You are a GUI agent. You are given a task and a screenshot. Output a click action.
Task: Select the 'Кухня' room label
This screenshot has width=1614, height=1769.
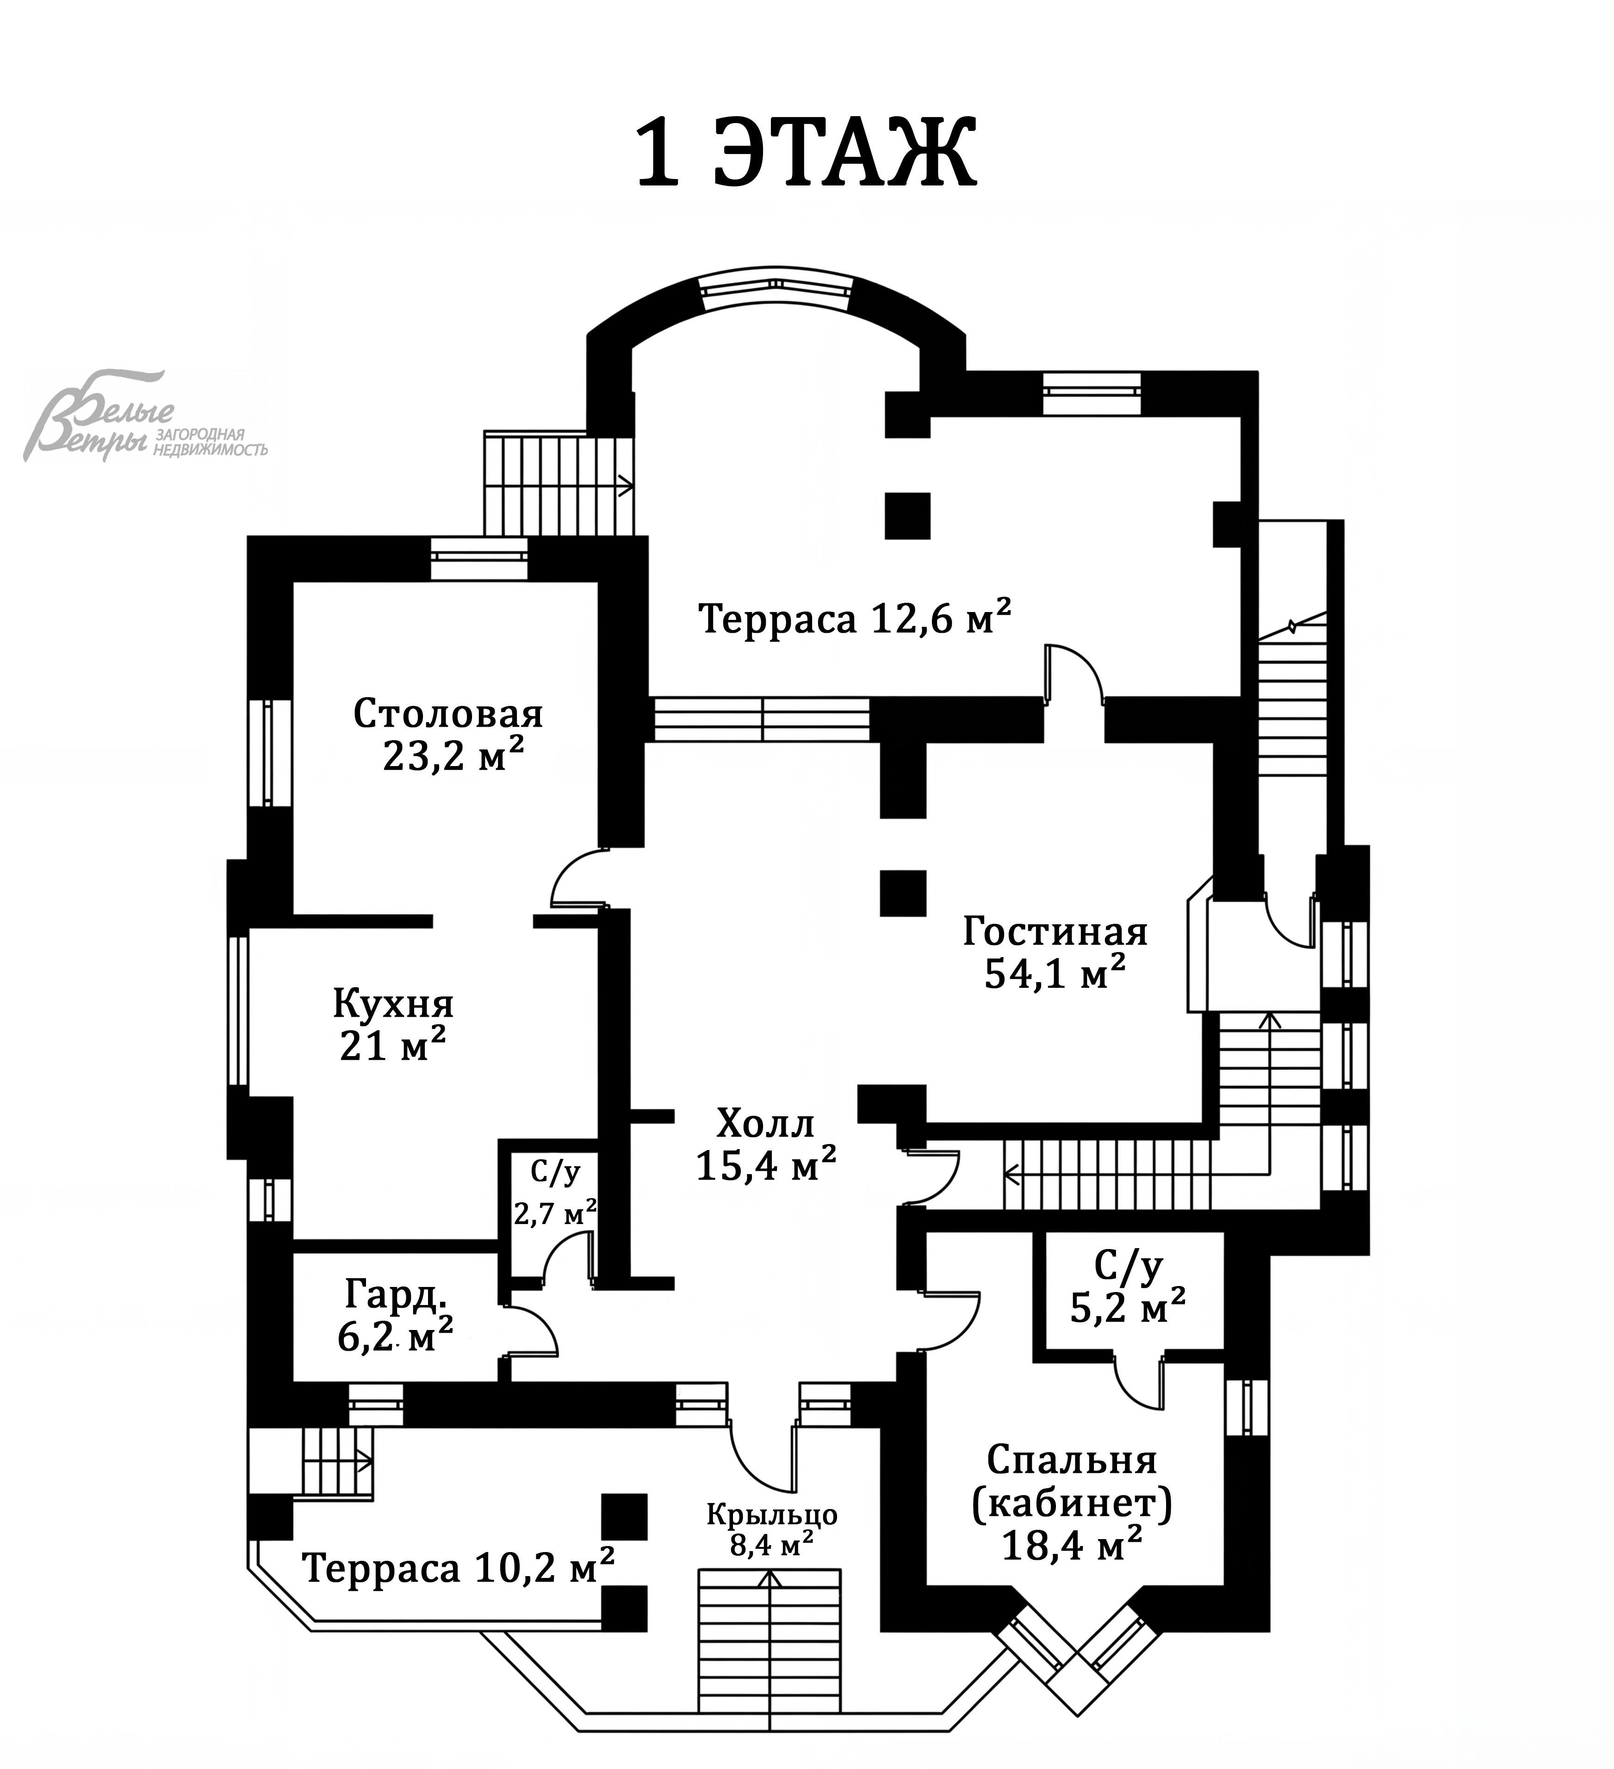pos(393,1003)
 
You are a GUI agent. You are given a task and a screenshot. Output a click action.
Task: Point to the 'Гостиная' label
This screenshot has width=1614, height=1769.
pos(1055,931)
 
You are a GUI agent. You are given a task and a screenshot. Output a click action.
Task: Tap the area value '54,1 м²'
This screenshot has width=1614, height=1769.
pos(1055,973)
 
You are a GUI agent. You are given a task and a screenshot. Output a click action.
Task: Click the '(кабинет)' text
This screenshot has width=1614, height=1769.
pos(1072,1504)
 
